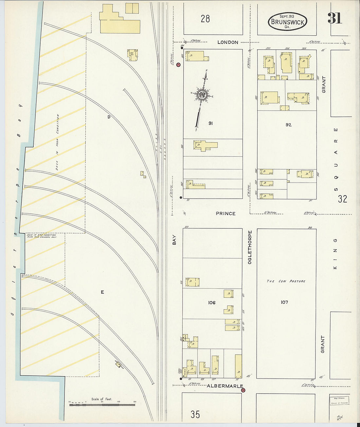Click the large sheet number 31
tap(334, 18)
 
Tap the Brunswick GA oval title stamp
tap(287, 22)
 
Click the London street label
tap(228, 42)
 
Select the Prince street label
tap(225, 213)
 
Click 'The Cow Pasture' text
tap(286, 281)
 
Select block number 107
tap(284, 302)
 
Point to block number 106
tap(212, 303)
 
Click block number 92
tap(288, 125)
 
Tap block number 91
tap(210, 123)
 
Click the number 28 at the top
tap(205, 19)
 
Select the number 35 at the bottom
tap(195, 414)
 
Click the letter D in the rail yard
tap(109, 117)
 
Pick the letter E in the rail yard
tap(102, 292)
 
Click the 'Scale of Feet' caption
tap(101, 399)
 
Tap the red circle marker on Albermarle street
tap(243, 390)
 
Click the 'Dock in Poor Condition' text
tap(58, 142)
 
